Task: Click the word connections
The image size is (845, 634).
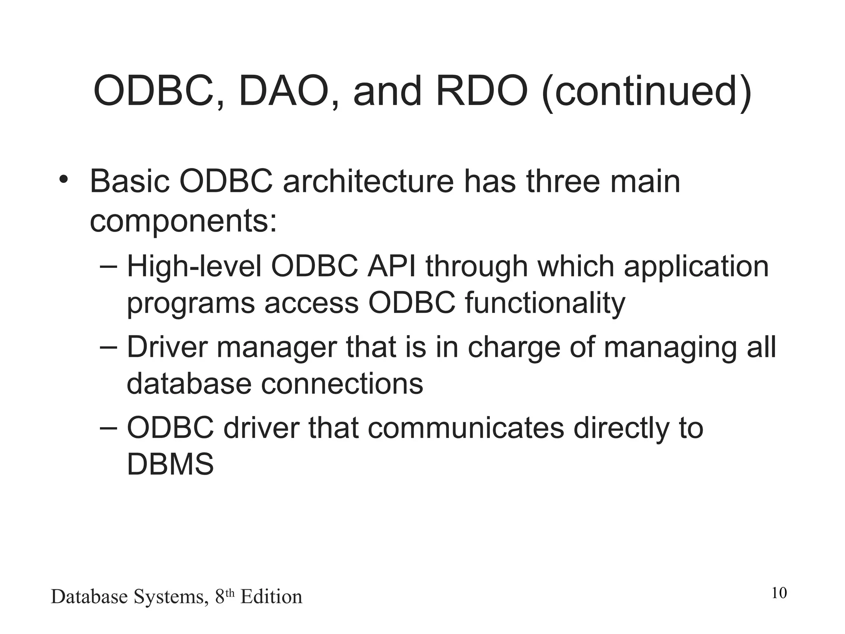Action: (x=342, y=384)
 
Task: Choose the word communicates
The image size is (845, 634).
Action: (x=465, y=428)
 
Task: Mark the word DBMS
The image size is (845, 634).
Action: (x=170, y=464)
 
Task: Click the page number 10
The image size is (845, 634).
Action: (x=779, y=593)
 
